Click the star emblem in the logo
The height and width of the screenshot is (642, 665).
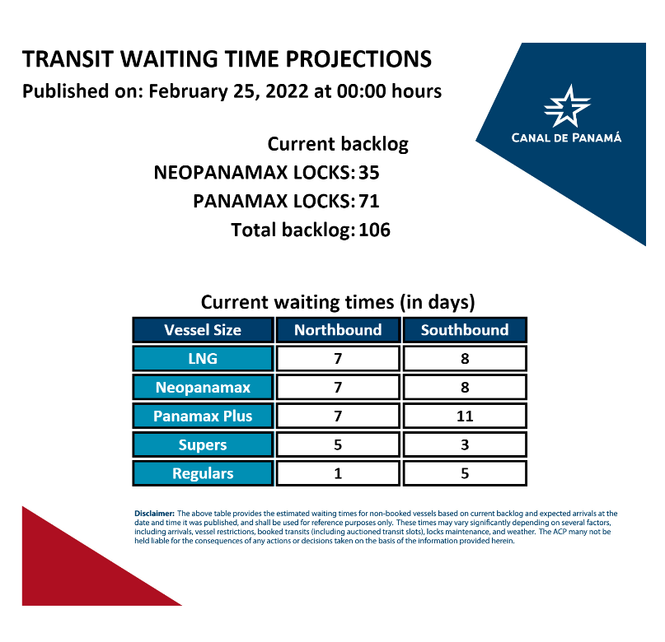click(567, 106)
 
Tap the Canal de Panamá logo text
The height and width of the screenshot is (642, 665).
click(566, 137)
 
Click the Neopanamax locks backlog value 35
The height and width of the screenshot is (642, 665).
click(369, 173)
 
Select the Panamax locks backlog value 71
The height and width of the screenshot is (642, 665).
click(369, 201)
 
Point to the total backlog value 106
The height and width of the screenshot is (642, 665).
click(374, 230)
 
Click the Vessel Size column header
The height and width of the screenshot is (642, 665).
click(203, 330)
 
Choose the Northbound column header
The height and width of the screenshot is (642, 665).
click(338, 330)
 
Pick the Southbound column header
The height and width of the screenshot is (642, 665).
click(465, 330)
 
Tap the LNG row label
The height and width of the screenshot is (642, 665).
click(203, 359)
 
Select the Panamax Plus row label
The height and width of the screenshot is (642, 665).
click(203, 416)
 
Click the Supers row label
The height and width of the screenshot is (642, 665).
click(203, 444)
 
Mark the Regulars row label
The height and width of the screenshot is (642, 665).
click(203, 473)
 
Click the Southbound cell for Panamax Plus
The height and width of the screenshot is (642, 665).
click(465, 416)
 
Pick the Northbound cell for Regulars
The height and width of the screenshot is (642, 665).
click(338, 473)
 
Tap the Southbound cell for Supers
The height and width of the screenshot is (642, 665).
click(465, 444)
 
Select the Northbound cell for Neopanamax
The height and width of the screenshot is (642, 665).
click(338, 387)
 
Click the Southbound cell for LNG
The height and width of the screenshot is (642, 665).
click(465, 359)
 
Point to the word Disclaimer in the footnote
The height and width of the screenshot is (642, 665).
click(154, 514)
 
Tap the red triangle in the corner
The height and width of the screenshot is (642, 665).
click(77, 572)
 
